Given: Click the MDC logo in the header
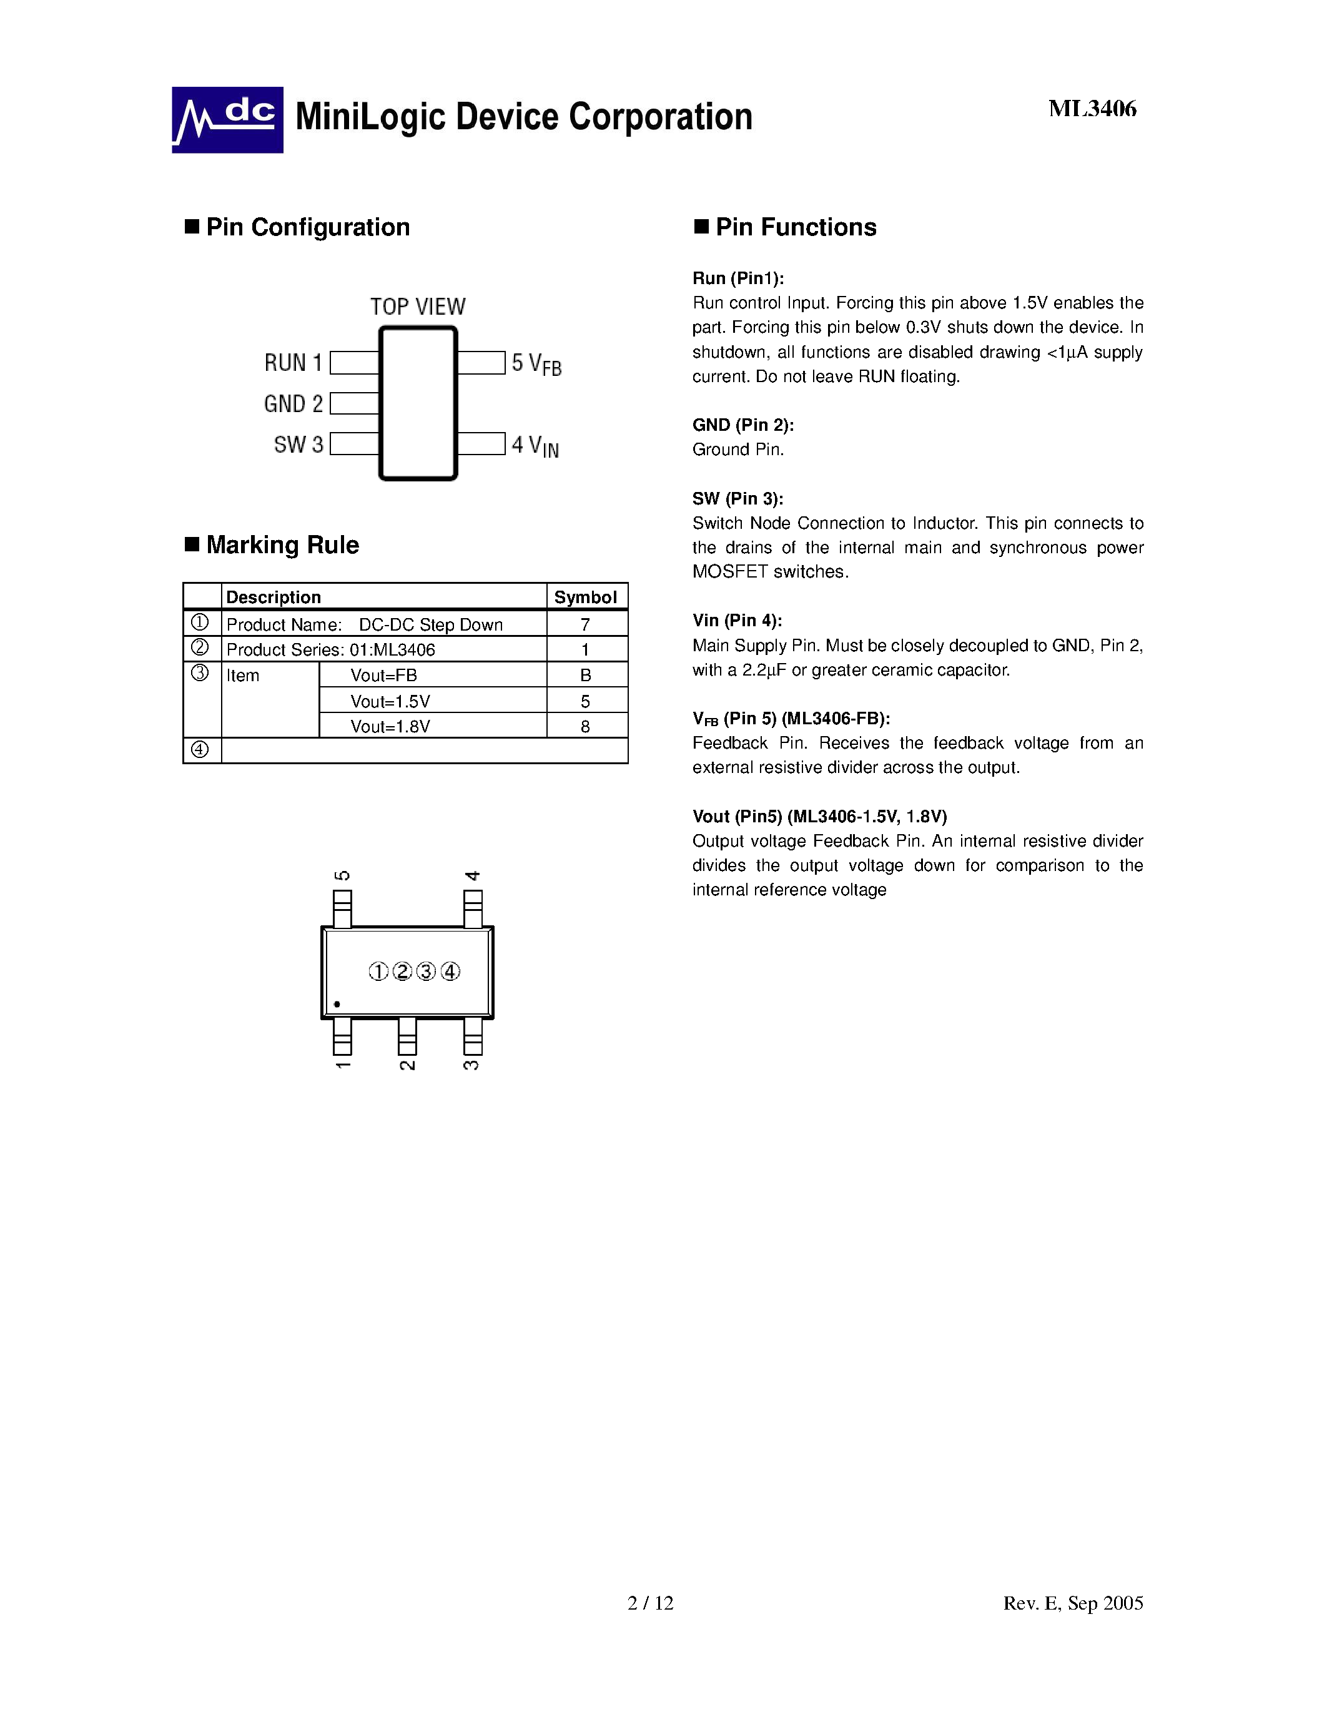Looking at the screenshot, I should coord(227,119).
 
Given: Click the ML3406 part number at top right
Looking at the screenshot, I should coord(1092,109).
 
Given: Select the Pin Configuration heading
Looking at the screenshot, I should coord(307,227).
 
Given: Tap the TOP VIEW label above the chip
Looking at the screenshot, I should coord(417,306).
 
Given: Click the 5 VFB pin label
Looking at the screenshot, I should coord(536,363).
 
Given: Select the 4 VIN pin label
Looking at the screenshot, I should coord(535,446).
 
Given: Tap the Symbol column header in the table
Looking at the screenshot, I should coord(586,597).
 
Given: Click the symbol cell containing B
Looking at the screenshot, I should coord(586,674).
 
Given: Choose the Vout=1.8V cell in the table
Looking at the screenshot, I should coord(391,726).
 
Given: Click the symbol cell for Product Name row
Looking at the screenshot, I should coord(586,624).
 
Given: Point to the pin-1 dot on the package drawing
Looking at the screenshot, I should coord(337,1004).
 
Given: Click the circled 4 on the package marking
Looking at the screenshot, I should coord(450,972).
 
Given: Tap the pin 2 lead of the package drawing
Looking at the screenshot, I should coord(407,1036).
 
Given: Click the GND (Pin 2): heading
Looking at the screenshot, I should coord(743,425).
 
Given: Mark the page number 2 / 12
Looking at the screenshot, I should coord(650,1603).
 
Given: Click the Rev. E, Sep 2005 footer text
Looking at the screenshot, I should coord(1072,1603).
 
